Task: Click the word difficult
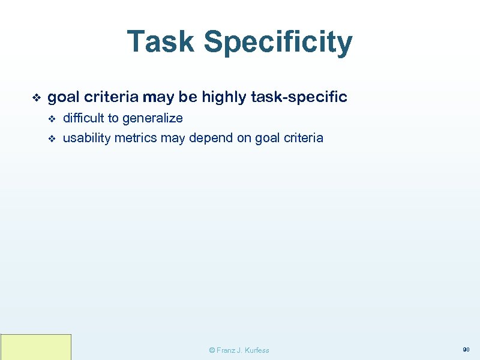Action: point(83,118)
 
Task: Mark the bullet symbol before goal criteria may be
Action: point(35,97)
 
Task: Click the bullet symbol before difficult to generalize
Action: point(52,119)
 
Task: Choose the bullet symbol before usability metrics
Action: point(52,139)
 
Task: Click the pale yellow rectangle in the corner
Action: point(36,347)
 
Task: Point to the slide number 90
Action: point(466,349)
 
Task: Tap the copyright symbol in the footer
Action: point(211,350)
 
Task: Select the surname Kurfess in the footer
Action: point(256,350)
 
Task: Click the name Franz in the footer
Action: point(227,350)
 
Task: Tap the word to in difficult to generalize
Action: point(113,118)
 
